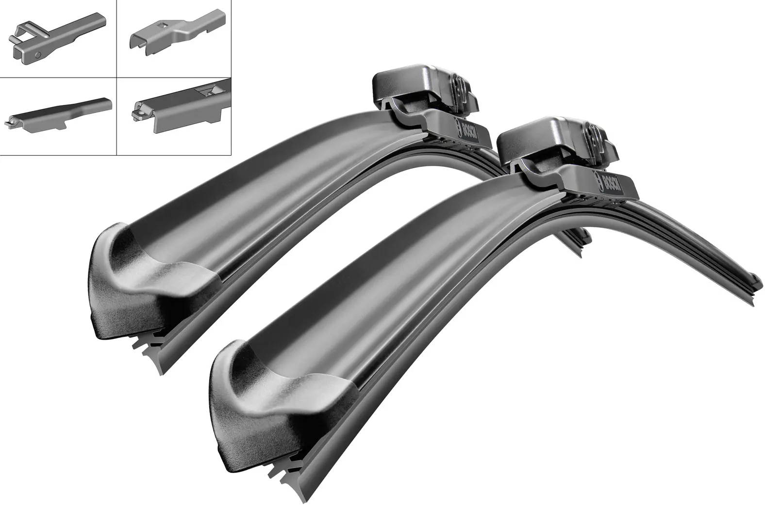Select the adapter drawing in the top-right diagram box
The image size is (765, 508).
pos(177,37)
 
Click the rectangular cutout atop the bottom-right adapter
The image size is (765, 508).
pos(211,90)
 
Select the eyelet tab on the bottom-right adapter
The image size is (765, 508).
pos(139,113)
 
